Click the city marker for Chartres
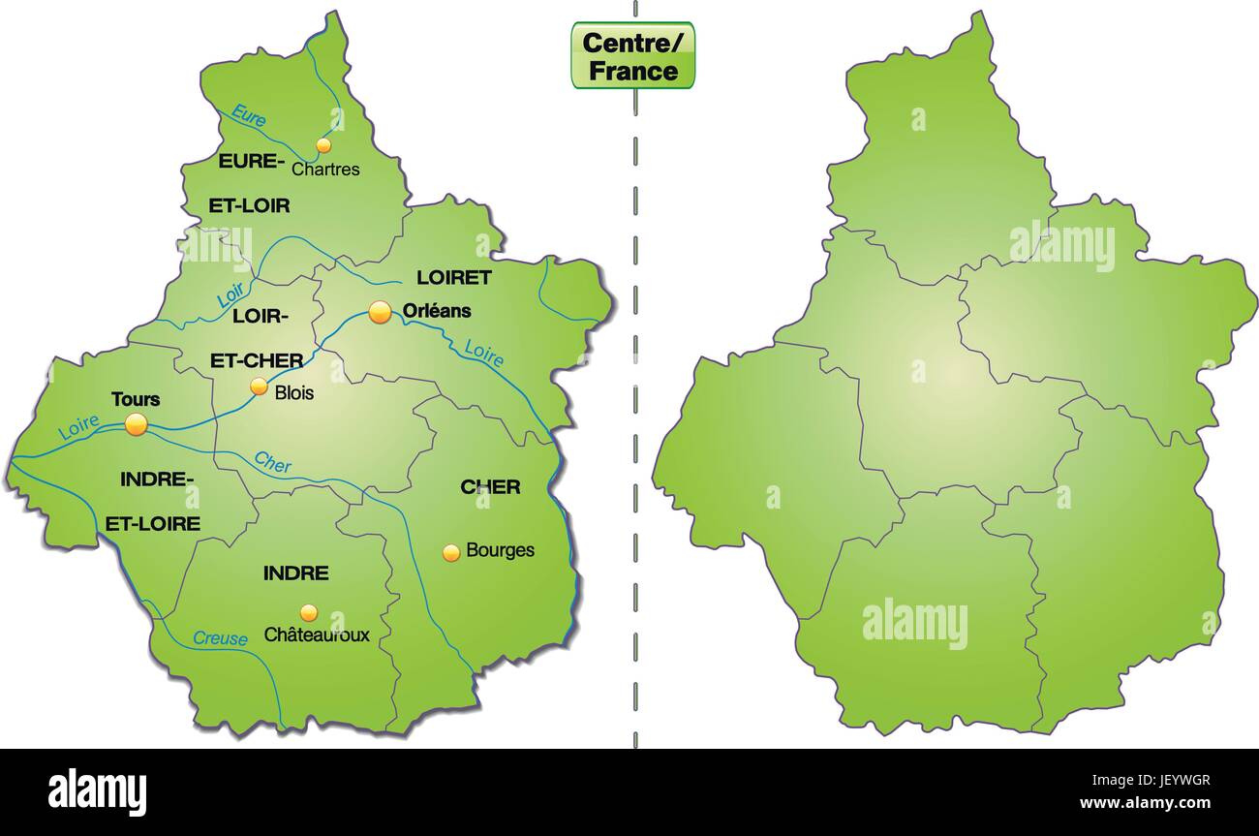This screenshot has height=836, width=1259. (323, 145)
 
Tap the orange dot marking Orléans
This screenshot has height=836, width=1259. (380, 312)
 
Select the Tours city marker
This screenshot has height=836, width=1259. (136, 424)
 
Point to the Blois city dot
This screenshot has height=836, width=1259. (259, 387)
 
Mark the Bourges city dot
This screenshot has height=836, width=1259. (451, 552)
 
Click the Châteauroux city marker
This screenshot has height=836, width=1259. (308, 612)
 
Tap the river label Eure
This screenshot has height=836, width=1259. (248, 118)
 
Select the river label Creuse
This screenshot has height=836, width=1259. (220, 637)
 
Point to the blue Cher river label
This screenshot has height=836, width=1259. (272, 462)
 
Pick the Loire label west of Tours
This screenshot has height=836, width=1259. (78, 427)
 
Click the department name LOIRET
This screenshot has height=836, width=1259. (454, 278)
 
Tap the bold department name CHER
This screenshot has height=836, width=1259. (490, 486)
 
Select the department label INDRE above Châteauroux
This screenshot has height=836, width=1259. (295, 573)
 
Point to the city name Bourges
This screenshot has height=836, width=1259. (500, 550)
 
